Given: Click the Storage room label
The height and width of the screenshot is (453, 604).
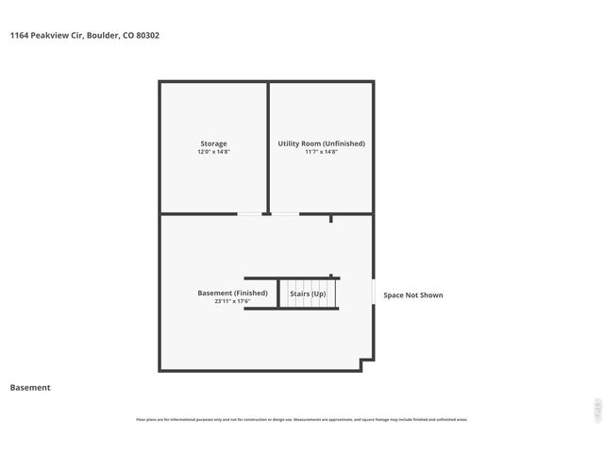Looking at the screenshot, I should coord(213,143).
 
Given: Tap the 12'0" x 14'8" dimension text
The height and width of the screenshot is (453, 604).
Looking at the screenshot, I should coord(213,152).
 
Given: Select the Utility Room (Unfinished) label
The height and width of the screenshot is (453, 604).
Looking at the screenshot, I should coord(321,143).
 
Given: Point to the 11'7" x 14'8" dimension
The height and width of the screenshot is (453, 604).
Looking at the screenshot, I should coord(321,152).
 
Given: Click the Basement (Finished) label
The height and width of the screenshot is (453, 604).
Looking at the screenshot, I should coord(232,293).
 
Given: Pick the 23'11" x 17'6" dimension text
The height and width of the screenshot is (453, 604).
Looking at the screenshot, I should coord(232,301).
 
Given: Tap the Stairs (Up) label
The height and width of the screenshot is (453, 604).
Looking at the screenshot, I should coord(308,294).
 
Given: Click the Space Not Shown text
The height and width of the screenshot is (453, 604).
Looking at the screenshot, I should coord(412,295).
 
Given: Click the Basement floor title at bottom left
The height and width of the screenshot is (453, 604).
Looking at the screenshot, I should coord(30,387).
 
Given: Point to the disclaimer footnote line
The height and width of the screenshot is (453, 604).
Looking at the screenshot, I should coord(302,419).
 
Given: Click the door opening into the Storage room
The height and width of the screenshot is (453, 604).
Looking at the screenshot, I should coord(249,214).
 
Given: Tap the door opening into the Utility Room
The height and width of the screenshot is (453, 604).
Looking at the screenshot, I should coord(286,214).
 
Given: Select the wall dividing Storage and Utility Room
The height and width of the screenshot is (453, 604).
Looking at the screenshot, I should coord(268,146).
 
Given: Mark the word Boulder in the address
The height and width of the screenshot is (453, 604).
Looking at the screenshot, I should coord(103,35).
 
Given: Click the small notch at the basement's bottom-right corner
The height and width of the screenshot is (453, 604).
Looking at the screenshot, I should coord(367,363).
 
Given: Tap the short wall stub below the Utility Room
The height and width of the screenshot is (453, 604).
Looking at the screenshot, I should coord(330,219).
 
